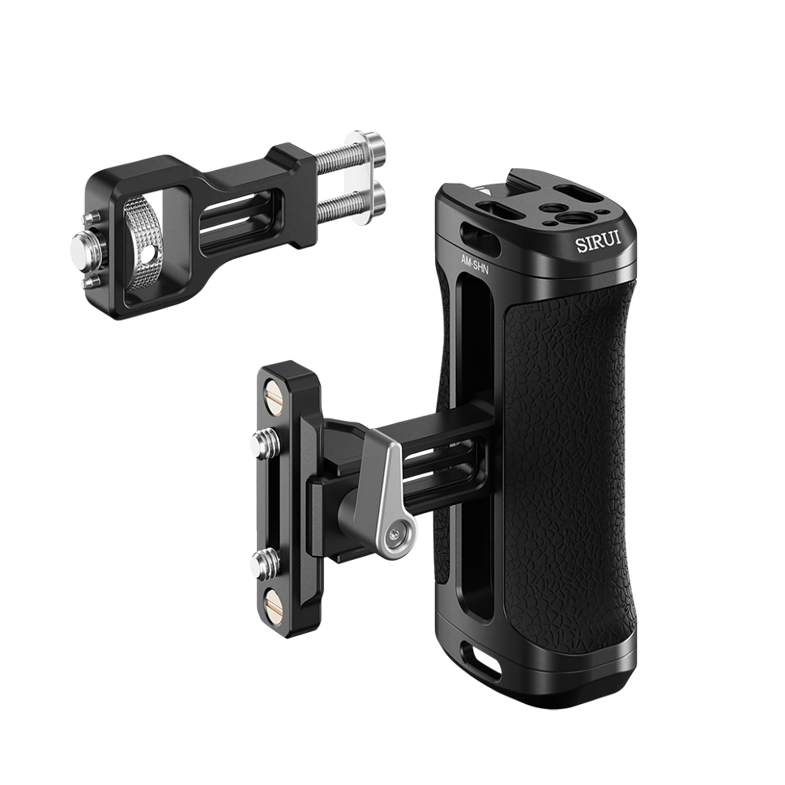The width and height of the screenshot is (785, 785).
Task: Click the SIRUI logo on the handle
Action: pyautogui.click(x=598, y=243)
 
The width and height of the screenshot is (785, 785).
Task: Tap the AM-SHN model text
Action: pyautogui.click(x=475, y=263)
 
